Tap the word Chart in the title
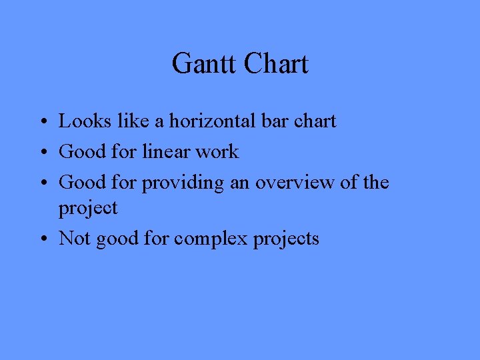coord(276,65)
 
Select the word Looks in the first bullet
coord(79,121)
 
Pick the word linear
coord(167,152)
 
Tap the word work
coord(217,152)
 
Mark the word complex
coord(211,239)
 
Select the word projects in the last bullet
coord(286,239)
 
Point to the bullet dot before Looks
coord(42,123)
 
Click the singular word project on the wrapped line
coord(88,208)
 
